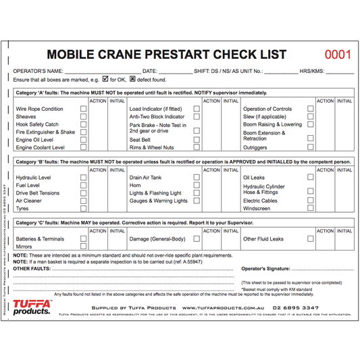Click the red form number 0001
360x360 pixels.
point(338,55)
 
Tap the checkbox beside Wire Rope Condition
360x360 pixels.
point(84,109)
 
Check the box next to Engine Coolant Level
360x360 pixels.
point(84,147)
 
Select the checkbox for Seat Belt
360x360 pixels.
point(197,140)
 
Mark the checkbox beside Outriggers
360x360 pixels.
point(311,147)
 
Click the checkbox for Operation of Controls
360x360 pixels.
point(311,109)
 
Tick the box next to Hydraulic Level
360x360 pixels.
point(84,178)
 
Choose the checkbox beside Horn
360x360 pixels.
point(197,185)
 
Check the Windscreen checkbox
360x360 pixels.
point(311,209)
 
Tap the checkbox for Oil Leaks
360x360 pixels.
point(311,178)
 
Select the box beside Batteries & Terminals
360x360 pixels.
point(84,239)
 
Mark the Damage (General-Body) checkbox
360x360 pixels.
point(197,239)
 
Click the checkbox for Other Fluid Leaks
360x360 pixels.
point(311,239)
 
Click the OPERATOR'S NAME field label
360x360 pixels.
point(37,71)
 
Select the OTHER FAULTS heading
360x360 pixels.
point(32,268)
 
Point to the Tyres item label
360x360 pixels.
point(23,209)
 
